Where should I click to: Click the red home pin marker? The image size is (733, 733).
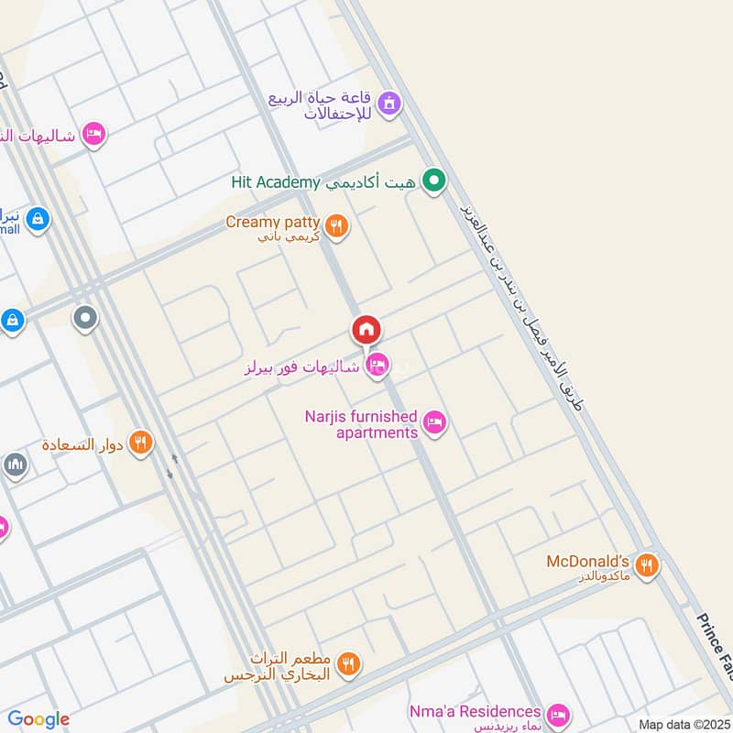coord(366,330)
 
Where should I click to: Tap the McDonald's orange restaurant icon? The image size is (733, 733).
coord(647,565)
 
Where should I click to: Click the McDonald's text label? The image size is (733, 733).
coord(587,561)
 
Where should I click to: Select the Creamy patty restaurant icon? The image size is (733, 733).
coord(337,225)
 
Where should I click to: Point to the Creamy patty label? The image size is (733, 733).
coord(273,223)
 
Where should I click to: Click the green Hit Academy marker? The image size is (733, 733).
coord(434,181)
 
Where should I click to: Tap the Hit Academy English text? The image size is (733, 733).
coord(275,182)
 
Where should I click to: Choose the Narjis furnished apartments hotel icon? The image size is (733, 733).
coord(435,422)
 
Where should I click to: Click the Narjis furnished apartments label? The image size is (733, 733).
coord(361,424)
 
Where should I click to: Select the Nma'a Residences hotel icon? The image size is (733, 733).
coord(557,714)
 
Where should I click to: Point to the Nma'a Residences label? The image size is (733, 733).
coord(475,711)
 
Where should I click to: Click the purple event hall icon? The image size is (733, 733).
coord(389,104)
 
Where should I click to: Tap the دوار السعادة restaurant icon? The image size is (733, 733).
coord(140,443)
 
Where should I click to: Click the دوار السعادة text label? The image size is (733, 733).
coord(82,445)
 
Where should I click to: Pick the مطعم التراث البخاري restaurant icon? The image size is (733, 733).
coord(348,665)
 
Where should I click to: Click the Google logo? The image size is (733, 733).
coord(38,719)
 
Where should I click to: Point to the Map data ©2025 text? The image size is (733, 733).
coord(683,724)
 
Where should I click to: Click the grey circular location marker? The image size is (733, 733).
coord(85,319)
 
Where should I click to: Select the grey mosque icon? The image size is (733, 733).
coord(15,465)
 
